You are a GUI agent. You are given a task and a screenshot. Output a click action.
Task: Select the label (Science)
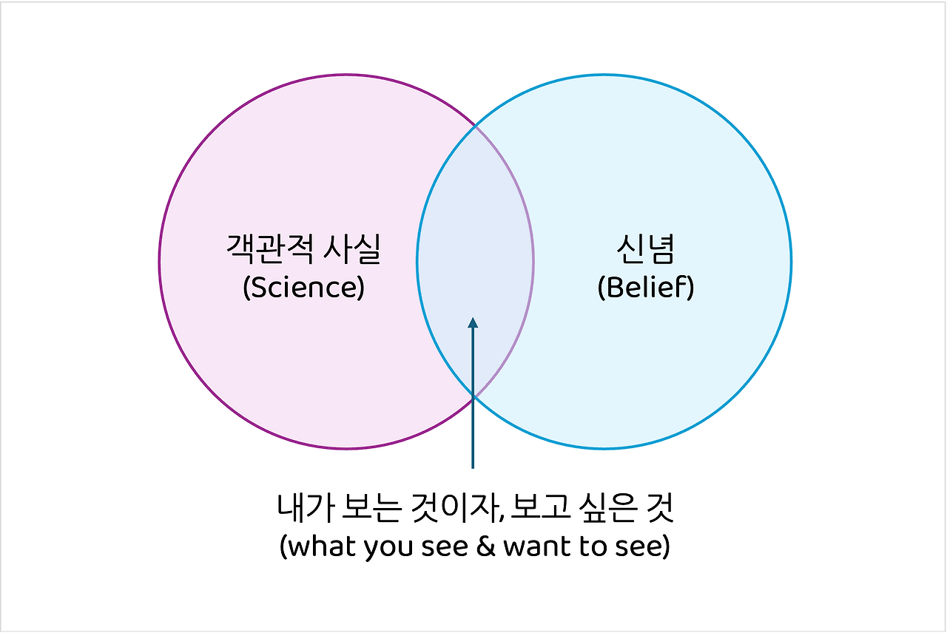pos(303,287)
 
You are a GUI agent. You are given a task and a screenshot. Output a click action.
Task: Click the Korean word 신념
pos(645,249)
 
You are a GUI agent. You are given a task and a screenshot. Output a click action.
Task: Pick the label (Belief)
pos(645,287)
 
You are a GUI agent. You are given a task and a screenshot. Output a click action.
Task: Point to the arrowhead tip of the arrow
pos(473,319)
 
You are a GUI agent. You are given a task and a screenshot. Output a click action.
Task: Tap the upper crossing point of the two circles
pos(475,126)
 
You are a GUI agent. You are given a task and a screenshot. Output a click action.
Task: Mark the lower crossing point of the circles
pos(474,396)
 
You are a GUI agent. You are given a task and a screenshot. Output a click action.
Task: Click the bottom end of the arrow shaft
pos(473,467)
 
